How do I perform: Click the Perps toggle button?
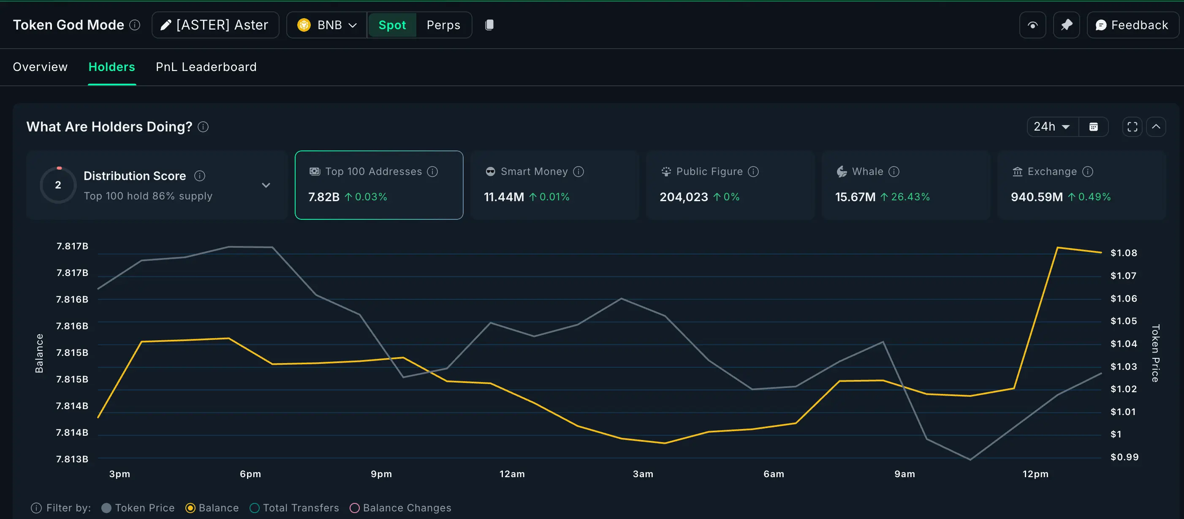(x=443, y=25)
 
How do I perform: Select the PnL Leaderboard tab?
(x=206, y=67)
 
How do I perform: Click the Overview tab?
(x=40, y=67)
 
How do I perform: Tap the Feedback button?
(x=1132, y=25)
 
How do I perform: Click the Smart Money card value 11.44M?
(x=504, y=197)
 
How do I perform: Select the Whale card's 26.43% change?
(x=910, y=197)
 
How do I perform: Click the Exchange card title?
(x=1052, y=172)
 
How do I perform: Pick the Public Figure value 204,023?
(x=684, y=197)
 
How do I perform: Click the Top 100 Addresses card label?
(x=373, y=172)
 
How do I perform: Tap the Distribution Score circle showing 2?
(x=58, y=185)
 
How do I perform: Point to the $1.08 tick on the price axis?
(x=1123, y=253)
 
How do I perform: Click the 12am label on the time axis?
(x=512, y=474)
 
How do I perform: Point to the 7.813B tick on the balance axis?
(x=72, y=459)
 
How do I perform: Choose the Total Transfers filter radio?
(x=255, y=508)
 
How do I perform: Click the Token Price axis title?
(x=1155, y=353)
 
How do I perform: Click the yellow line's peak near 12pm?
(x=1058, y=248)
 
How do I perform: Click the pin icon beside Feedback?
(x=1066, y=25)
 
